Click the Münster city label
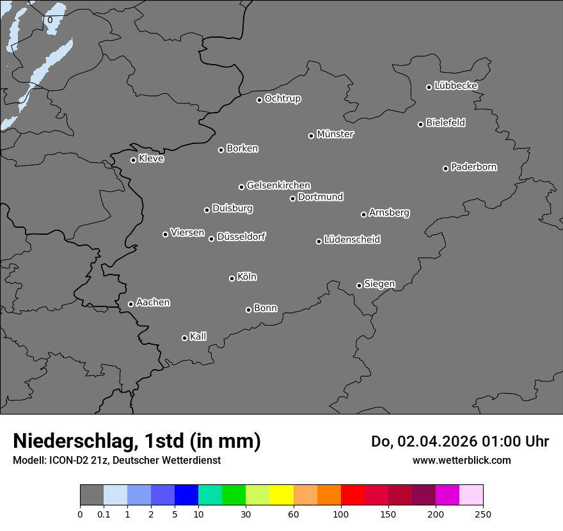click(335, 134)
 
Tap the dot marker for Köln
click(232, 278)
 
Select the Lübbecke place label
click(456, 86)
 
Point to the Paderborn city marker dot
click(445, 168)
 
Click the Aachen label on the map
click(153, 303)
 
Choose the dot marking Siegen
click(359, 285)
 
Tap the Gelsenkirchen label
click(278, 186)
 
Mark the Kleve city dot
click(133, 160)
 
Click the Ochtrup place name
click(283, 99)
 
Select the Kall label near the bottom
click(198, 337)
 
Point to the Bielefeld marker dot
click(420, 124)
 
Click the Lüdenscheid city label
click(352, 240)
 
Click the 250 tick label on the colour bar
click(483, 514)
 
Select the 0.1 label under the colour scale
click(104, 514)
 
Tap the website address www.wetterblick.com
click(461, 460)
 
